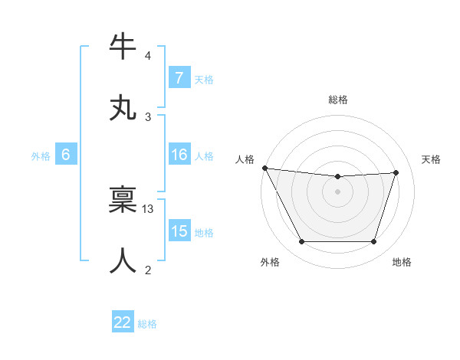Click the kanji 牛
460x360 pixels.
(x=123, y=47)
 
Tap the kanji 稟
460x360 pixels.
(x=123, y=200)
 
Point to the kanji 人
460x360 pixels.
(x=123, y=260)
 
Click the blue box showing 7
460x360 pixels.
(x=179, y=78)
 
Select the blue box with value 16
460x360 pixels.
(x=179, y=155)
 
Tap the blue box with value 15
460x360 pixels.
(x=179, y=231)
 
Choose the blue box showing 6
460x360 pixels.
(x=66, y=155)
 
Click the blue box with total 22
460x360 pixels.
(x=123, y=322)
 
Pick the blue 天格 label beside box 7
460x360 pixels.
(x=203, y=79)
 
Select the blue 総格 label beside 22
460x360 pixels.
(x=147, y=324)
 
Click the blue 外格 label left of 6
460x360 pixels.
(x=41, y=155)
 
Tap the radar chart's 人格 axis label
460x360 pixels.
(x=245, y=159)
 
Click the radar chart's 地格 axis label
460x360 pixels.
(x=402, y=263)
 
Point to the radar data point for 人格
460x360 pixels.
(x=264, y=168)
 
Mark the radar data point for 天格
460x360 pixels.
(x=396, y=172)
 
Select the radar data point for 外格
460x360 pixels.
(x=301, y=242)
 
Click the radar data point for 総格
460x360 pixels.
(x=337, y=177)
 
